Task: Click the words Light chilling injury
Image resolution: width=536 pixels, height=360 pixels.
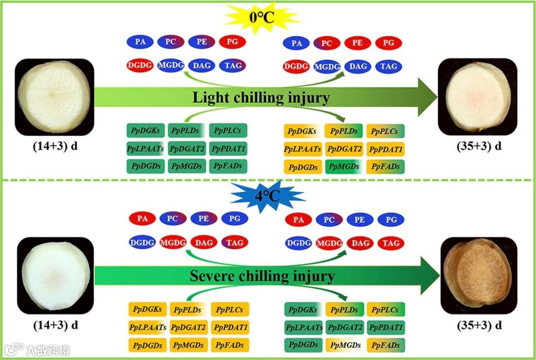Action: click(x=261, y=98)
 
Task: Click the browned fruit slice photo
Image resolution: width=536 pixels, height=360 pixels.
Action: click(x=478, y=276)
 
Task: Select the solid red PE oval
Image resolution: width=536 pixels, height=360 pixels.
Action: click(x=357, y=43)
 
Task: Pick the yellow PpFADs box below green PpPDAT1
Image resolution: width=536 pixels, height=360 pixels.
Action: click(x=385, y=345)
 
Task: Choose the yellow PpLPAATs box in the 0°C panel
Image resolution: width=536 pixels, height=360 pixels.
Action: click(x=303, y=149)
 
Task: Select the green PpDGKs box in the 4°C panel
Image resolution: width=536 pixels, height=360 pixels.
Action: click(x=303, y=310)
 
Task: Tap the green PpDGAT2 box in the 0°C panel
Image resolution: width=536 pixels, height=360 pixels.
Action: click(x=187, y=149)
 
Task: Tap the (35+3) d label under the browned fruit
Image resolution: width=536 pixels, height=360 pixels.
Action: click(x=479, y=325)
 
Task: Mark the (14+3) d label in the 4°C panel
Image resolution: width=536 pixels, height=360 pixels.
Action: click(x=56, y=325)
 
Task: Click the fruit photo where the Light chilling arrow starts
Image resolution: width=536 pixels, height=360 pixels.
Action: click(x=55, y=96)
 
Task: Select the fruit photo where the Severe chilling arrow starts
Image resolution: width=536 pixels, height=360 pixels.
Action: click(x=56, y=276)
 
